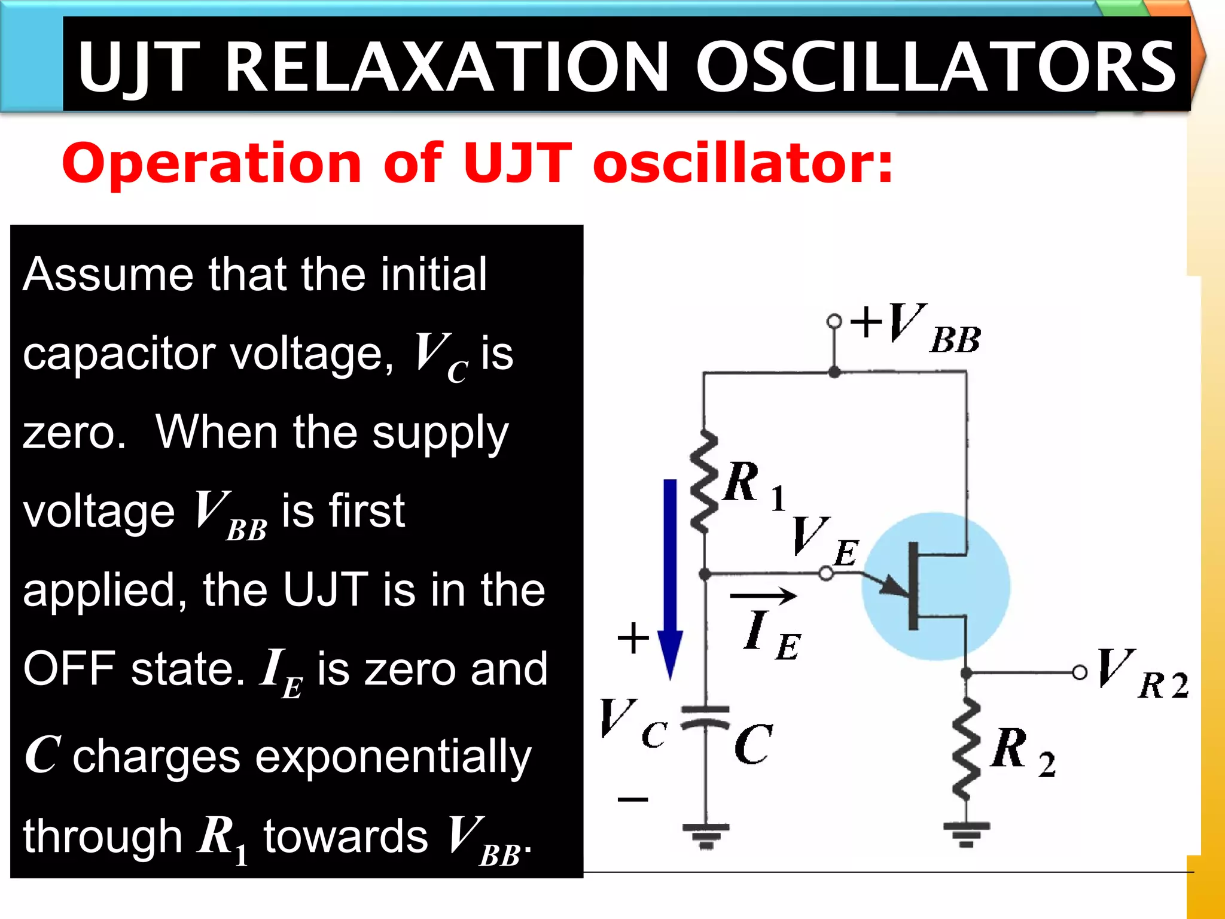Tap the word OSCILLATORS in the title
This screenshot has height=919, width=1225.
coord(936,67)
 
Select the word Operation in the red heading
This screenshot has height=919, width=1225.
coord(211,163)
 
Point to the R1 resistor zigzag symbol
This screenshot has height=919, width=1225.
coord(704,482)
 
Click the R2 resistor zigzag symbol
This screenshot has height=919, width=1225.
coord(966,749)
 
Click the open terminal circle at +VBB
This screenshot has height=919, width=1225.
coord(834,321)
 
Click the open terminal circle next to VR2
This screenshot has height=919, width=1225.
coord(1080,672)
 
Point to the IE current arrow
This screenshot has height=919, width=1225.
coord(763,595)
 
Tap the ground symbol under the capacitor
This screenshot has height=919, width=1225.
coord(706,835)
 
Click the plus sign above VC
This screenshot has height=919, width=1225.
coord(633,638)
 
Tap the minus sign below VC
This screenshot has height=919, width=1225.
coord(633,799)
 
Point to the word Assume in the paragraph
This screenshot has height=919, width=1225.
coord(108,275)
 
